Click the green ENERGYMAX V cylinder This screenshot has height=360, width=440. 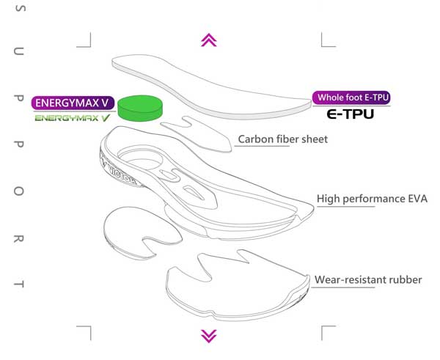tap(141, 108)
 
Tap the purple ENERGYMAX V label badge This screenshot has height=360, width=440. tap(72, 103)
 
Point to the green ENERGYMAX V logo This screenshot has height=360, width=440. tap(73, 117)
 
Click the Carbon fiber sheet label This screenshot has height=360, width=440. tap(283, 139)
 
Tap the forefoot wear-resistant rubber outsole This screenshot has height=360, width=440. tap(235, 286)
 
